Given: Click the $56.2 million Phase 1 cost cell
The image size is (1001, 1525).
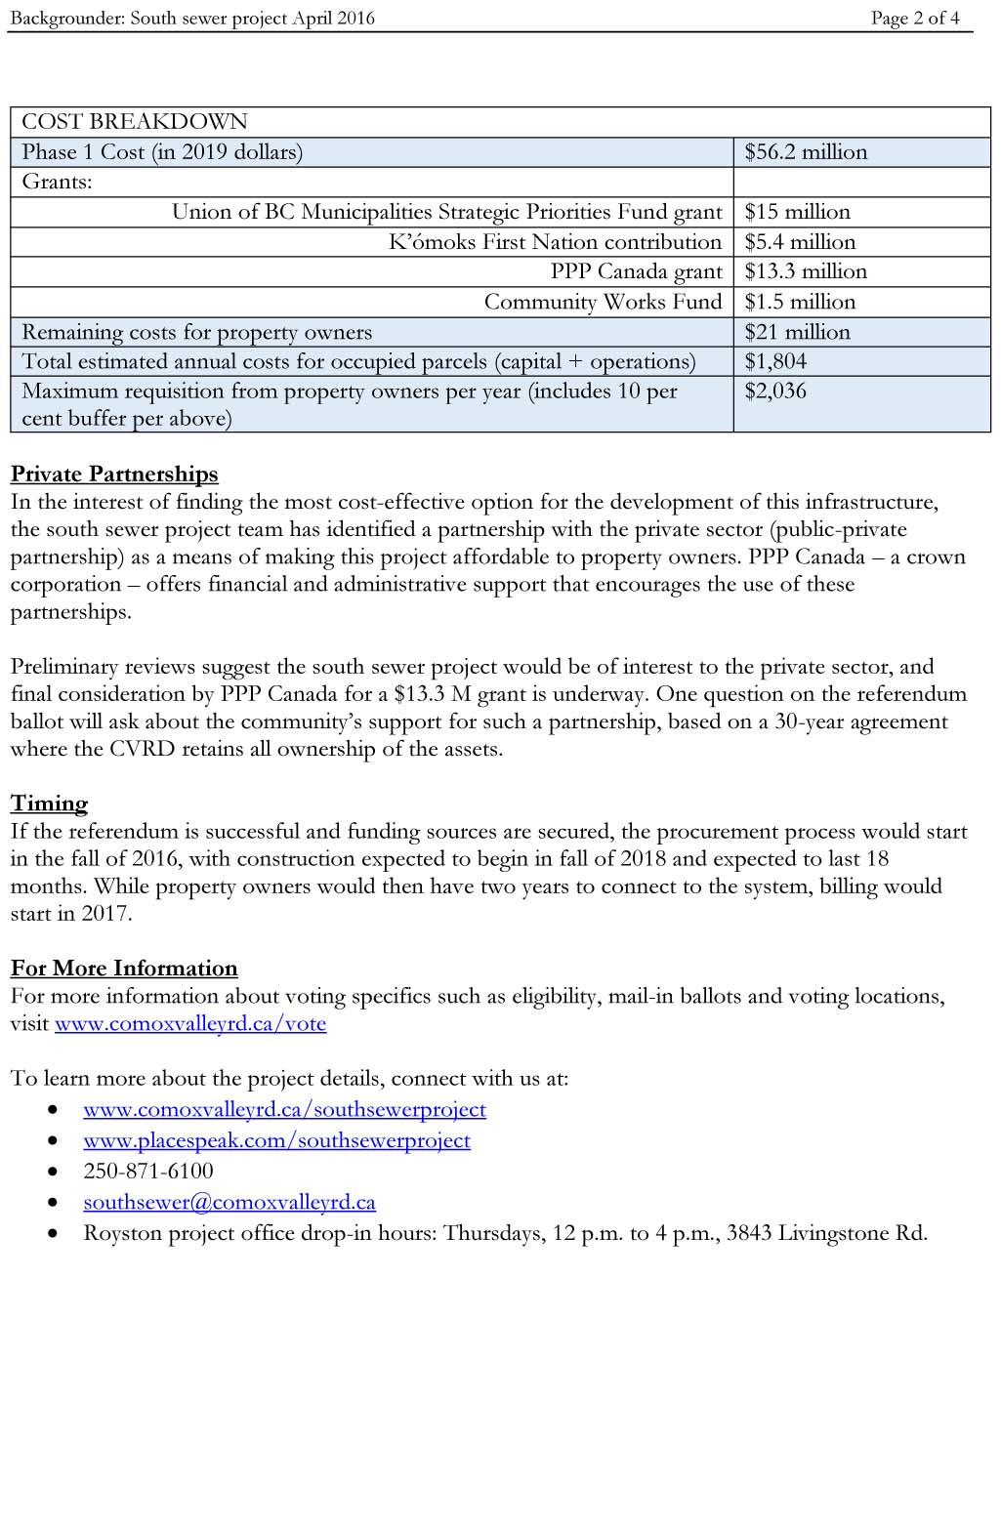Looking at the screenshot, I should [806, 152].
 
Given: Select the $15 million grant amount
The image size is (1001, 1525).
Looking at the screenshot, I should [797, 212].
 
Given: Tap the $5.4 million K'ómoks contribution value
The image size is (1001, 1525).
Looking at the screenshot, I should [800, 242].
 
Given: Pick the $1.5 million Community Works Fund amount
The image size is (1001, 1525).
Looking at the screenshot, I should [800, 302].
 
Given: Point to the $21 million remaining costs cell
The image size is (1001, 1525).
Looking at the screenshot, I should [797, 332].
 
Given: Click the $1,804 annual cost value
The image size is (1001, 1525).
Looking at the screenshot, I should [775, 361].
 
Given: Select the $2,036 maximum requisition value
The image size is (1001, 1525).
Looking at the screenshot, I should [775, 392].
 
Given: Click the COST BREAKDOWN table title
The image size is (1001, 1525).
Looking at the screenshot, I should [135, 122].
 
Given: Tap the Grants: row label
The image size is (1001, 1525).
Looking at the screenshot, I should [57, 182].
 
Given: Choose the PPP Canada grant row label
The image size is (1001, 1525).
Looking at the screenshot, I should [636, 271].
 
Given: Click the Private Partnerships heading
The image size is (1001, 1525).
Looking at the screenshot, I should [114, 474].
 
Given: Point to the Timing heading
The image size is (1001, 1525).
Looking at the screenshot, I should [49, 804].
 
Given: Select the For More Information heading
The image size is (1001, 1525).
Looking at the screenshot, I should [124, 969].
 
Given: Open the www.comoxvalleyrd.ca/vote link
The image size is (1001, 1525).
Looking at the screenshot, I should [190, 1024].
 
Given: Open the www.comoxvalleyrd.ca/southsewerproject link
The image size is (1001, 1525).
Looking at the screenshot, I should [284, 1110].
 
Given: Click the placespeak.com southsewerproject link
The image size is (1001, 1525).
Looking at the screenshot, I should [276, 1141].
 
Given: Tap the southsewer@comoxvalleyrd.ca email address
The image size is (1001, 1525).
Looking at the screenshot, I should [229, 1203].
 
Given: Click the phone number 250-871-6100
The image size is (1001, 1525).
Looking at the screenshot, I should [148, 1172].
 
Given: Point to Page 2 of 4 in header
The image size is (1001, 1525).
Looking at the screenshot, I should [915, 18].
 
